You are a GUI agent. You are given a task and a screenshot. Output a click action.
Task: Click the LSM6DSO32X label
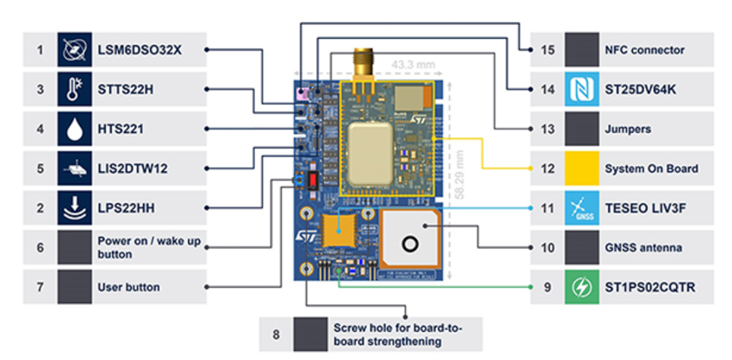coord(139,50)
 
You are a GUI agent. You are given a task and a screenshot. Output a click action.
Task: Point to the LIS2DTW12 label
coord(132,169)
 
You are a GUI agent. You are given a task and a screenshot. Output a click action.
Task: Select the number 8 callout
coord(276,334)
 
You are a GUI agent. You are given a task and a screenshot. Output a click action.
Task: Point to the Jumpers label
coord(627,129)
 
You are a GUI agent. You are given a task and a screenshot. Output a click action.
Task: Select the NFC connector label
coord(644,50)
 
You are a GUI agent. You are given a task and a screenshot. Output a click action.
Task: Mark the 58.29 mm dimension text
coord(457,169)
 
